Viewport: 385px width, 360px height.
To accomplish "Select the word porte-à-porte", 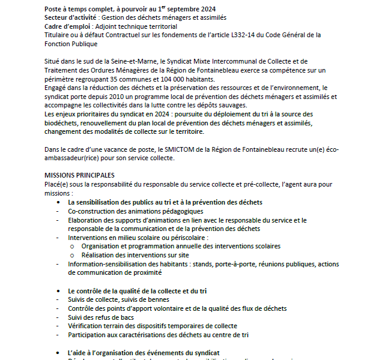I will pyautogui.click(x=229, y=263).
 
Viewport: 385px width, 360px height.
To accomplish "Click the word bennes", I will pyautogui.click(x=157, y=299).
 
